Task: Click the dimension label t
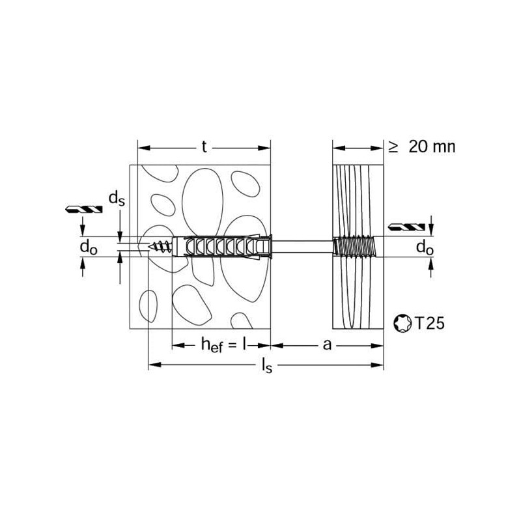(x=204, y=147)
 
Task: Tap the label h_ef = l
(x=224, y=345)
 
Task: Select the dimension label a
(x=328, y=345)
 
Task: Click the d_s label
(x=117, y=199)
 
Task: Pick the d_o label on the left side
(x=89, y=247)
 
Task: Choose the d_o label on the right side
(x=425, y=247)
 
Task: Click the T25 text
(x=429, y=323)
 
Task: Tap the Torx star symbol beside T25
(x=402, y=323)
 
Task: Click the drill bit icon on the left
(x=83, y=209)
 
